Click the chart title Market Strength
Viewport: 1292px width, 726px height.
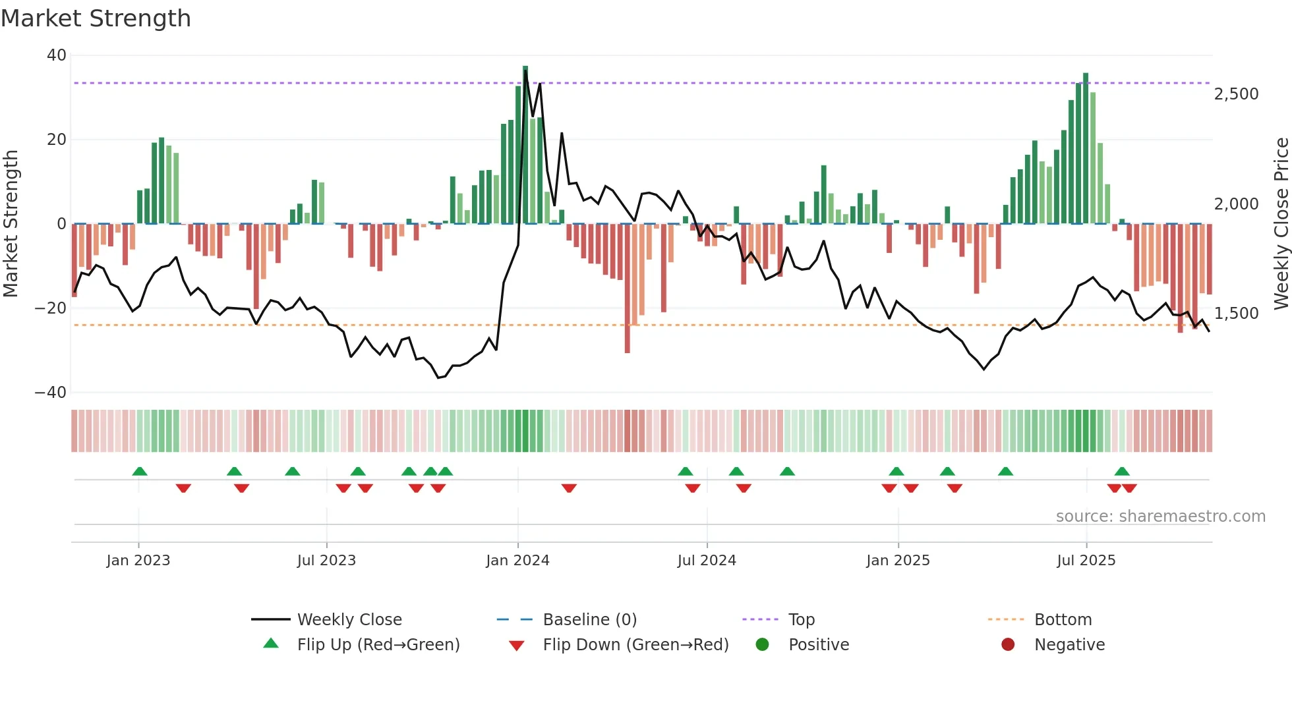pyautogui.click(x=96, y=18)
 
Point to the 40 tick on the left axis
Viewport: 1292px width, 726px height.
pyautogui.click(x=57, y=55)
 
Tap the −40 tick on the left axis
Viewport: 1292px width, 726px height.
pyautogui.click(x=51, y=393)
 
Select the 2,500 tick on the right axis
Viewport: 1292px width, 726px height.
pyautogui.click(x=1236, y=94)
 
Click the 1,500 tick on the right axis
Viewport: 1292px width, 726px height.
pyautogui.click(x=1236, y=314)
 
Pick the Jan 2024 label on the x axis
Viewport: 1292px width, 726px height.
pyautogui.click(x=517, y=561)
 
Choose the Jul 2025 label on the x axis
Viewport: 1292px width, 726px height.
pyautogui.click(x=1086, y=561)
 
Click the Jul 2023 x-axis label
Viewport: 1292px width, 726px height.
pyautogui.click(x=326, y=561)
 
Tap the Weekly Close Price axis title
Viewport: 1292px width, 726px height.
pyautogui.click(x=1281, y=224)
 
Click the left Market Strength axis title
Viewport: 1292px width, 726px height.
pyautogui.click(x=11, y=224)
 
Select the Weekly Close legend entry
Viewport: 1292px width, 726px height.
pyautogui.click(x=349, y=620)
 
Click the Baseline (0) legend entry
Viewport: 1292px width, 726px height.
pyautogui.click(x=589, y=620)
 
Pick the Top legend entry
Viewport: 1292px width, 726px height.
pyautogui.click(x=801, y=620)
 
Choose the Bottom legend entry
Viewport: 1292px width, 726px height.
pyautogui.click(x=1063, y=620)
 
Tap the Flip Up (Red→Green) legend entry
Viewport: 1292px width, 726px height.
pyautogui.click(x=378, y=645)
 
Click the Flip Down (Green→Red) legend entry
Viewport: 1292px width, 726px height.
pyautogui.click(x=635, y=645)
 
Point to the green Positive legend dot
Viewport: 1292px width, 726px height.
pyautogui.click(x=763, y=645)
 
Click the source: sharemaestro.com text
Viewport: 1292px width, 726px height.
pyautogui.click(x=1160, y=517)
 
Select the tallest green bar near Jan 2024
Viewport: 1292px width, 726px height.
pyautogui.click(x=525, y=145)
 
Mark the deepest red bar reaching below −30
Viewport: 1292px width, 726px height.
pyautogui.click(x=627, y=290)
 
